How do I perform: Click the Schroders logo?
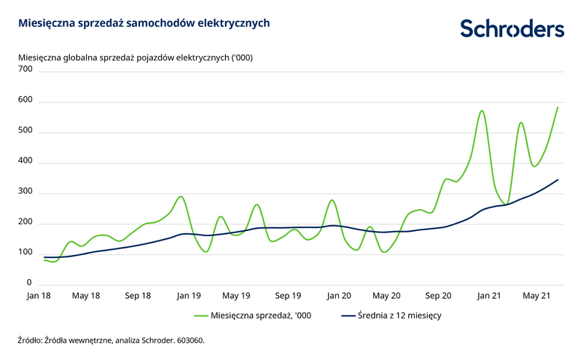pos(512,28)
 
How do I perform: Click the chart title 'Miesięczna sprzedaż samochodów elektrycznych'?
pos(144,23)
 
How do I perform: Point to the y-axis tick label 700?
pos(26,69)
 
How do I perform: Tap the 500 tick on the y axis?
pos(26,130)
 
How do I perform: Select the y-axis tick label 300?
pos(26,192)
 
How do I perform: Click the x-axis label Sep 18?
pos(137,296)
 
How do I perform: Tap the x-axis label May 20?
pos(386,296)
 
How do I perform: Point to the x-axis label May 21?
pos(536,296)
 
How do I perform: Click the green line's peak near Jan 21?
pos(482,111)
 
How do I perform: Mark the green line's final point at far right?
pos(557,107)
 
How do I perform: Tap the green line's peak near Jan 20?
pos(332,200)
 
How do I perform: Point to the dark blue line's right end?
pos(557,179)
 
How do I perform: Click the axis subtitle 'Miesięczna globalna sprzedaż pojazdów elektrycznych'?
pos(135,57)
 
